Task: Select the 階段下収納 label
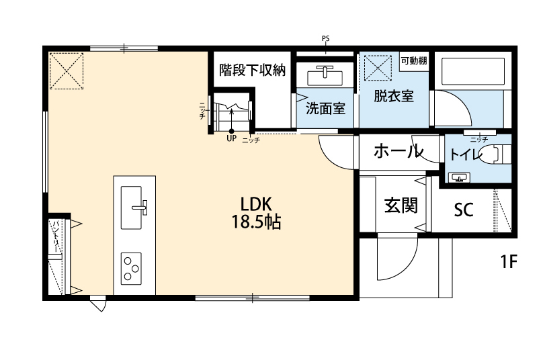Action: [253, 70]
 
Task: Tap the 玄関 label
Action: [401, 205]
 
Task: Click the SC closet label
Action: [463, 210]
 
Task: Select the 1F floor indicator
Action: [508, 261]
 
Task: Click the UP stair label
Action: [232, 139]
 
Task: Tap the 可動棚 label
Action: [414, 60]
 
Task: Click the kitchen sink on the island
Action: [134, 201]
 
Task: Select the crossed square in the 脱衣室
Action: [378, 67]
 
